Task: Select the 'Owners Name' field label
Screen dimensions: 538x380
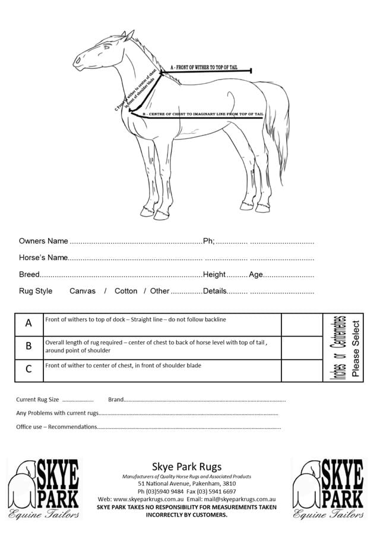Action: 43,241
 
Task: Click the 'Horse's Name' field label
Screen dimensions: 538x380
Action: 43,258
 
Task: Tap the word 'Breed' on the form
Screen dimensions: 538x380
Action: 29,274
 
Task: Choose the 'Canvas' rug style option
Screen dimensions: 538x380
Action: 83,291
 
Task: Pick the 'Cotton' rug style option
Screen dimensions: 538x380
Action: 126,291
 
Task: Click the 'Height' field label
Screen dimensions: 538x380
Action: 214,274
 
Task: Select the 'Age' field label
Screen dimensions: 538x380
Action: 255,274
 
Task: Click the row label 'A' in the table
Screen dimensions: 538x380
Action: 28,324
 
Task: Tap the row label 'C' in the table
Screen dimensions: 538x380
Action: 28,369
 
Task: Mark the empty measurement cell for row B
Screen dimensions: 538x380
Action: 302,347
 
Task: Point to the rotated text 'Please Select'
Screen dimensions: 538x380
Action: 356,348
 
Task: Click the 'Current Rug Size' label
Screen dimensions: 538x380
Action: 37,400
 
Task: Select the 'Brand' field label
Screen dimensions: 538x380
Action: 116,400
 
